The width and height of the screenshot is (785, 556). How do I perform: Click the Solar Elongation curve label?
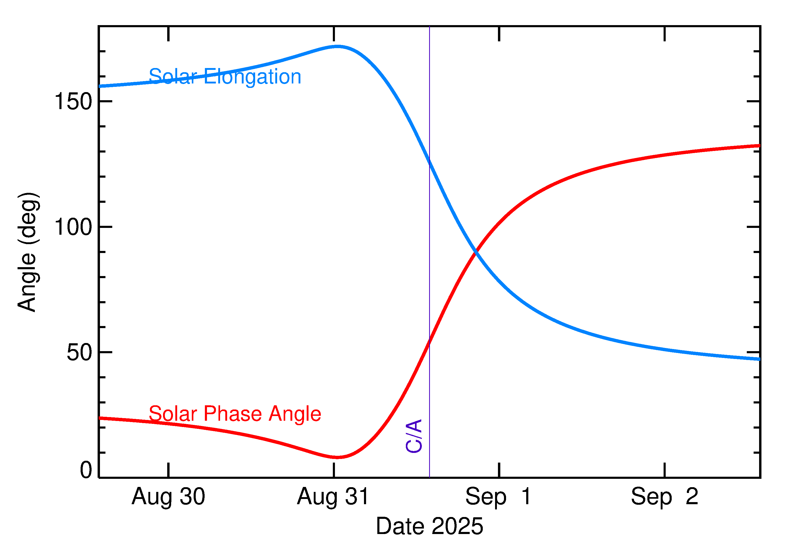(x=225, y=76)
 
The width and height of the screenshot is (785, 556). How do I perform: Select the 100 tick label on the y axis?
(x=73, y=227)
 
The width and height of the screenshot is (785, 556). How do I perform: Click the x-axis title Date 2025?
(x=429, y=526)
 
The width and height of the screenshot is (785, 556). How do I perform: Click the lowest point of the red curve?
(x=338, y=457)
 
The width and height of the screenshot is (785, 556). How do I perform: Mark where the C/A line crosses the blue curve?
(x=429, y=161)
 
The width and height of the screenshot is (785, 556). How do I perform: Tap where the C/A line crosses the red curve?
(x=429, y=341)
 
